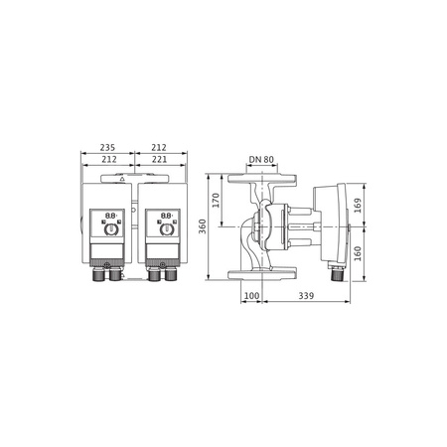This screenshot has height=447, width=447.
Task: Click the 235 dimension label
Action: pyautogui.click(x=107, y=147)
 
